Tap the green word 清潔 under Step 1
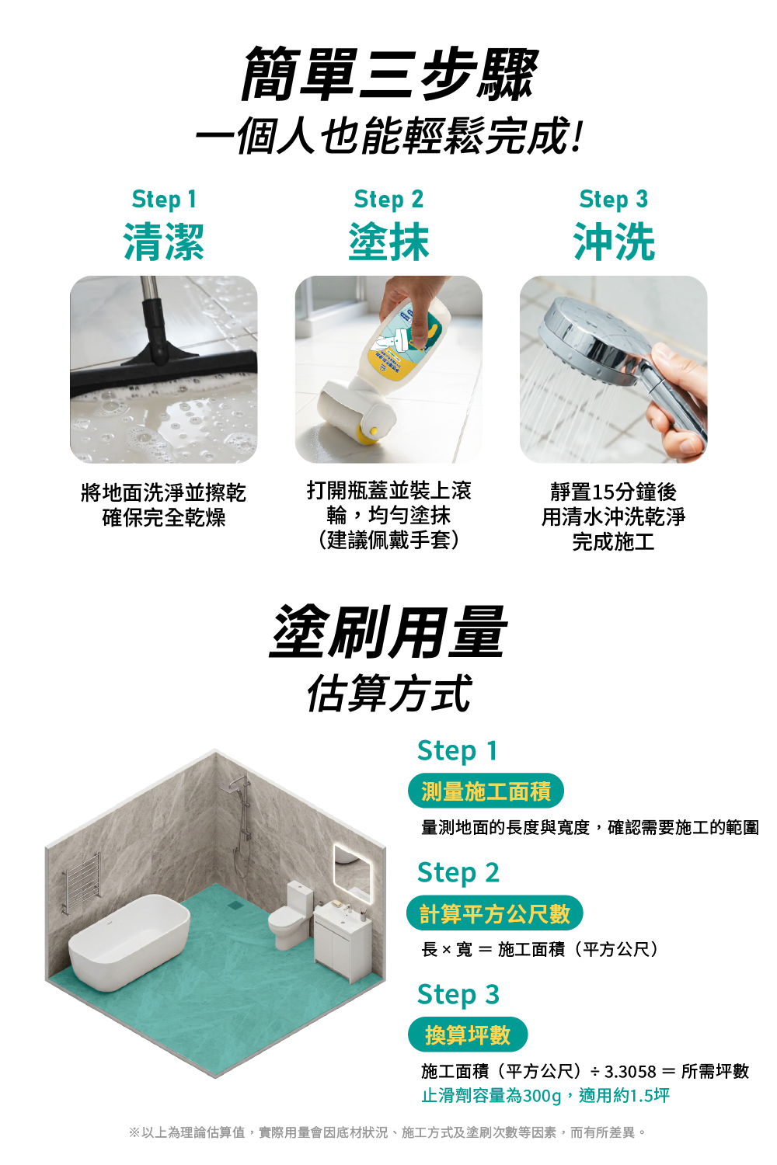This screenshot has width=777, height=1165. [x=163, y=242]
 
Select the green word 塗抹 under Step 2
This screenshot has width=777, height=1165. [x=388, y=242]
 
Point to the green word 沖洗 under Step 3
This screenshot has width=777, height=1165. [x=614, y=242]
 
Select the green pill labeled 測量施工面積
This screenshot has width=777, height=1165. [x=486, y=791]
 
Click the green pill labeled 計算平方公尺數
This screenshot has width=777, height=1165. [x=494, y=913]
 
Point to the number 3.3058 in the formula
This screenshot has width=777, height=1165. [x=630, y=1072]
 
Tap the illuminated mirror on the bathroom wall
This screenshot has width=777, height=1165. [x=351, y=873]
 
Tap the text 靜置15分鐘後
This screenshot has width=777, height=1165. [x=614, y=492]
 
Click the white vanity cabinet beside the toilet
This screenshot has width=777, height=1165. [x=343, y=939]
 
